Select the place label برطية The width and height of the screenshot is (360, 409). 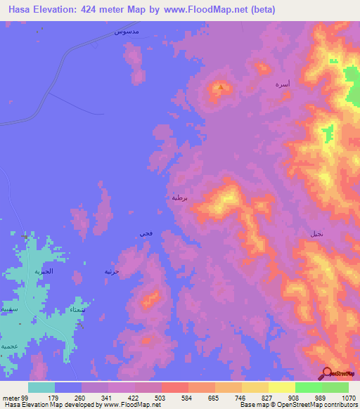tap(179, 197)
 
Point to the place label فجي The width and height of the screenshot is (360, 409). tap(145, 232)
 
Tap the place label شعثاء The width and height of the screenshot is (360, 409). tap(79, 309)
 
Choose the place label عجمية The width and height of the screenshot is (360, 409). tap(8, 346)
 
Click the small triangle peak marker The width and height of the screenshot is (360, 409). tap(221, 88)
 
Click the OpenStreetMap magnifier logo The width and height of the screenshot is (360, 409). tap(326, 372)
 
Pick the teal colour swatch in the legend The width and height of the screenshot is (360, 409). tap(41, 387)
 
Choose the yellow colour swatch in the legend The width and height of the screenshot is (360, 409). tap(281, 387)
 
